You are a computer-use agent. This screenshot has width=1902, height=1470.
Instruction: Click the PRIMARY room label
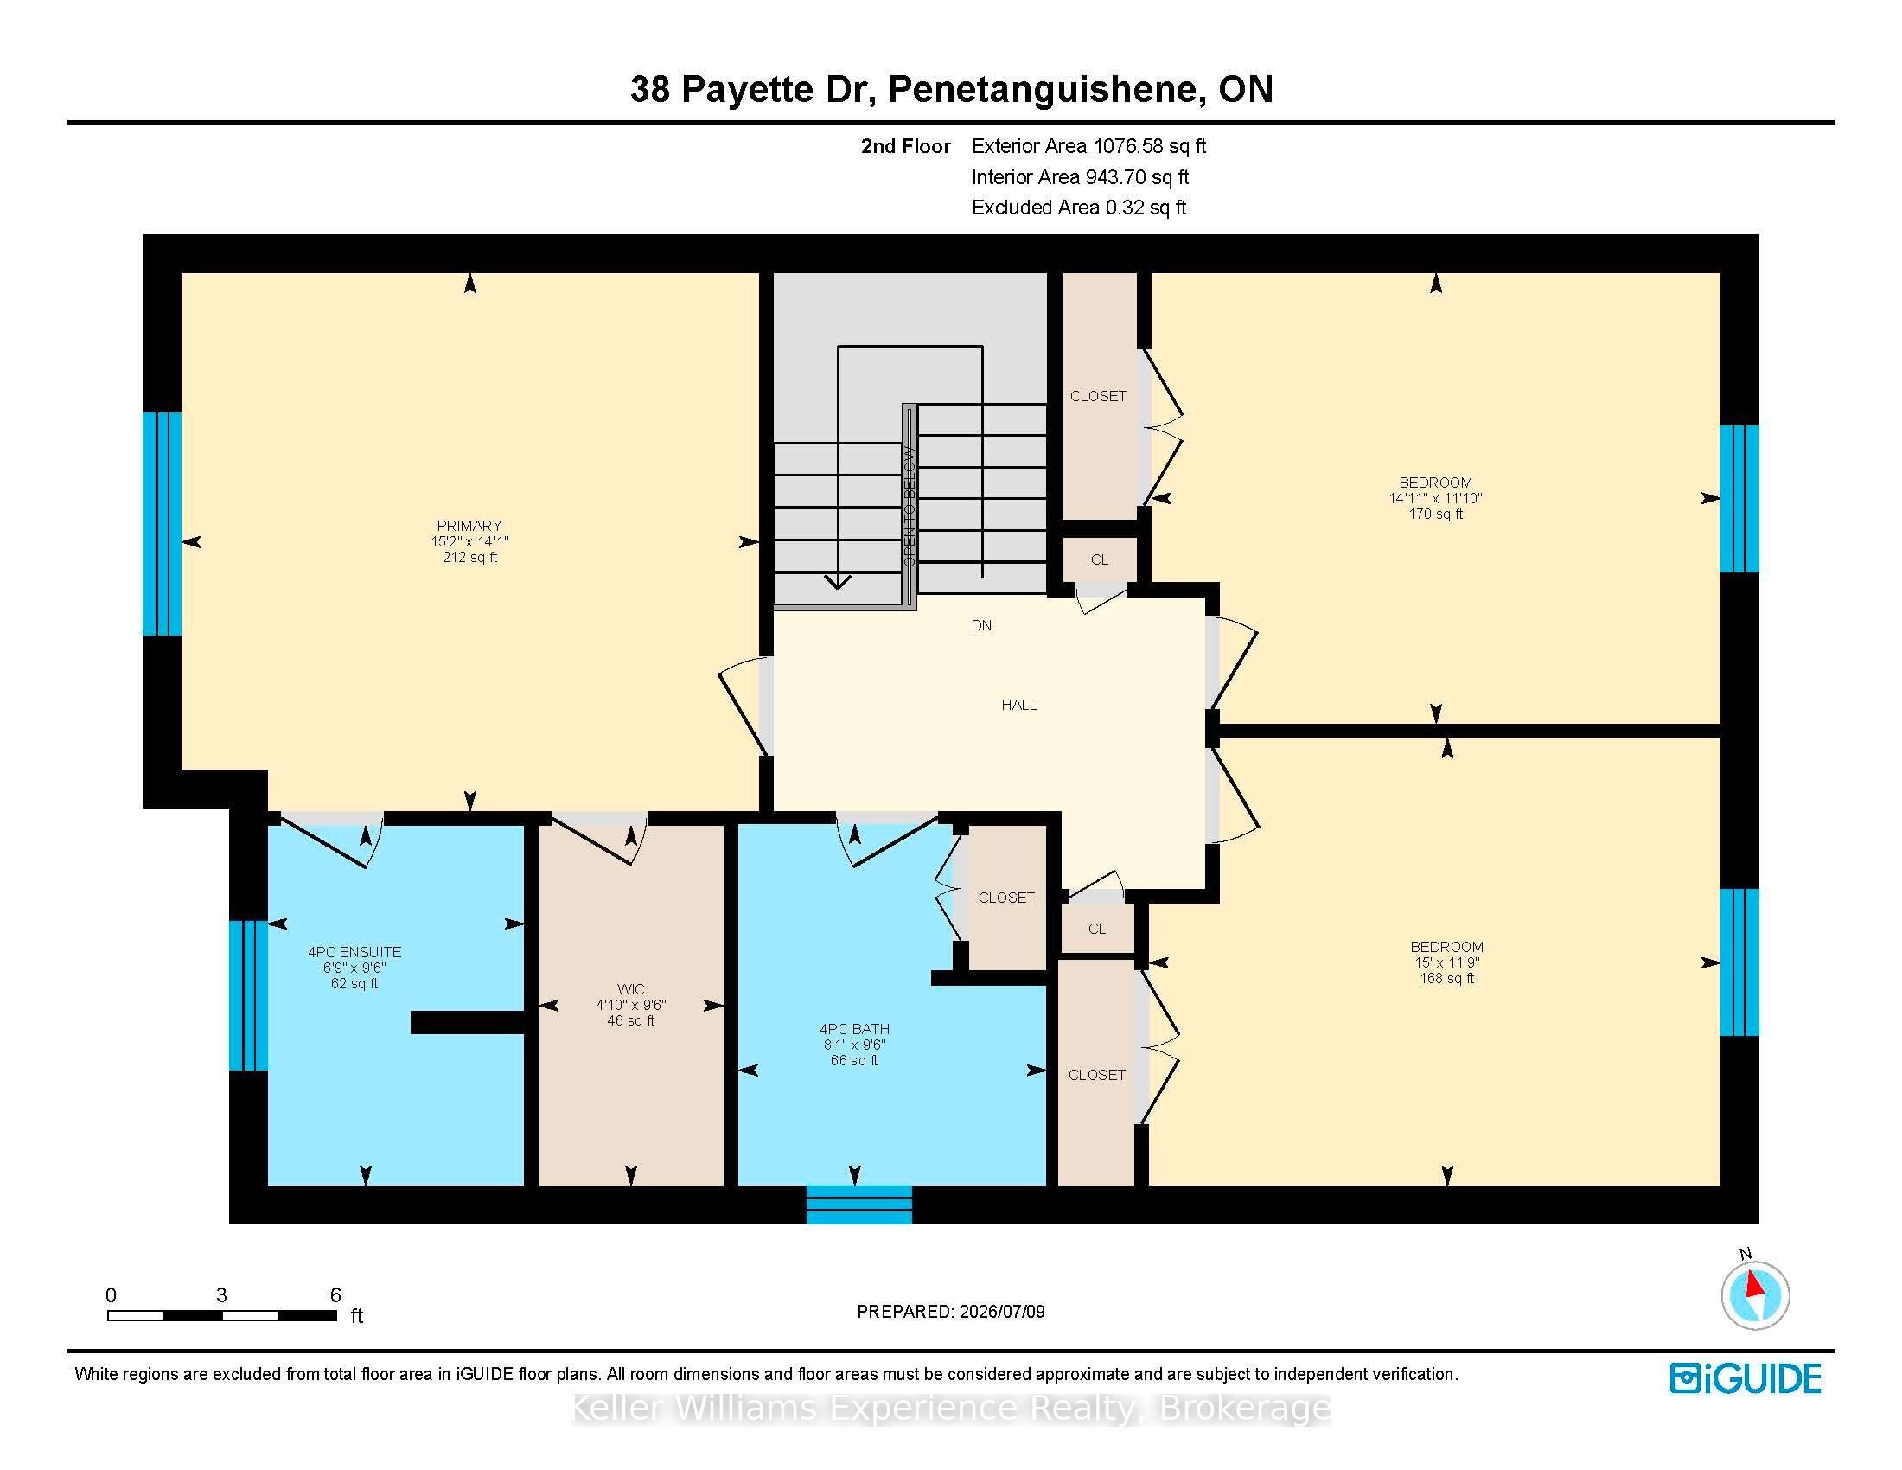coord(469,525)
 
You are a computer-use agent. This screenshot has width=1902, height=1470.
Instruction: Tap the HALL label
coord(1019,705)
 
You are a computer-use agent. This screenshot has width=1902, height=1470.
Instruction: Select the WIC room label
coord(630,989)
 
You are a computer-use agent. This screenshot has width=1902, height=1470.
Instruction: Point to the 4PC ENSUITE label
coord(354,953)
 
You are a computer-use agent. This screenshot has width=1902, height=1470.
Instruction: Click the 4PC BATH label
coord(854,1028)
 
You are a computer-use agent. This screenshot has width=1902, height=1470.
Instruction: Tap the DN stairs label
coord(981,625)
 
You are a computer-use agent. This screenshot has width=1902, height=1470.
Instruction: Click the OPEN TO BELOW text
coord(910,507)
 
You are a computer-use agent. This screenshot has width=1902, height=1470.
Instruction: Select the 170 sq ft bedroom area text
coord(1435,514)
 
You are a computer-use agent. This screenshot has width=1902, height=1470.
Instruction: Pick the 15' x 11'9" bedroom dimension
coord(1446,962)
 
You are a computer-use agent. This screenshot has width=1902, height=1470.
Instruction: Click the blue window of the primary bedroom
coord(162,524)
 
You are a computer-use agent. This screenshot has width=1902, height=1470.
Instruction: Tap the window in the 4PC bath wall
coord(858,1205)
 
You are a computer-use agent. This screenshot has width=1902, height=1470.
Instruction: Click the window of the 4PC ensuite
coord(248,995)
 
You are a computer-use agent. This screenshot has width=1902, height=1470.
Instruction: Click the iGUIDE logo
coord(1746,1378)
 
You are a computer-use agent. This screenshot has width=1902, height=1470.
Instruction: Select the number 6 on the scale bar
coord(335,1295)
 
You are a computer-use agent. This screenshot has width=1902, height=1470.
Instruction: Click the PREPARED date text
coord(951,1312)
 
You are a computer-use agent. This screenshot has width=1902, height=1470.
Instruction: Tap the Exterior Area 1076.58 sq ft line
coord(1088,146)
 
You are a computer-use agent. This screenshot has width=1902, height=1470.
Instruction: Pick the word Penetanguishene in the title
coord(1047,89)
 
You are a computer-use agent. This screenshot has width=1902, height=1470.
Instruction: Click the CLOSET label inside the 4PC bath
coord(1006,898)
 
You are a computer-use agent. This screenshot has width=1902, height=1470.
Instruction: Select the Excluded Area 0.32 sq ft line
coord(1079,208)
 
